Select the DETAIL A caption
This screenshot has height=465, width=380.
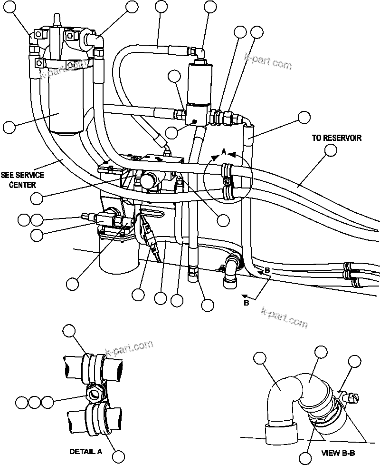(x=86, y=451)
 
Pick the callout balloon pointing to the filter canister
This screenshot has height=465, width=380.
(x=9, y=127)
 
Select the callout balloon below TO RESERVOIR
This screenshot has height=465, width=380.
(x=330, y=150)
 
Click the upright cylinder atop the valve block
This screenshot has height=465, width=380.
(x=200, y=83)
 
